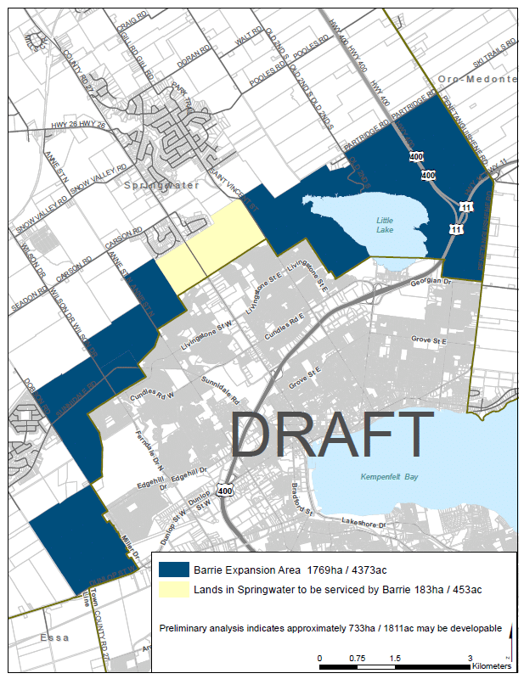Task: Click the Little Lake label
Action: click(386, 225)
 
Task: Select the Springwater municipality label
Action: click(161, 184)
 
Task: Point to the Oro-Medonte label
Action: click(476, 79)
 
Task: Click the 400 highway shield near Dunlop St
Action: click(225, 491)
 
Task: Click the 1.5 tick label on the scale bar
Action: click(395, 659)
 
